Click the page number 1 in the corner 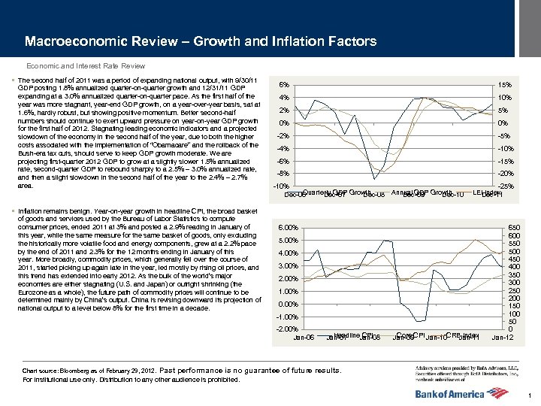tap(530, 396)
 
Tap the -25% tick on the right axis tap(506, 186)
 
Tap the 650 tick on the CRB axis tap(513, 227)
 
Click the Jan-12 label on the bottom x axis tap(502, 337)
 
